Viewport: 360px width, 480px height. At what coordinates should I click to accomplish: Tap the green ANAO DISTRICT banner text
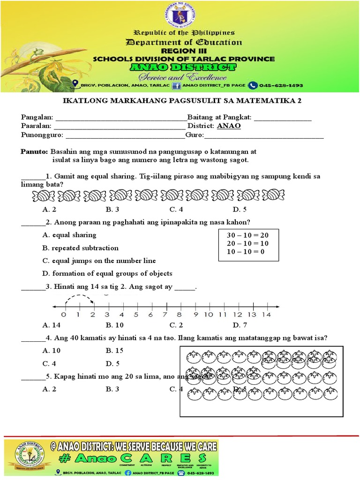tap(184, 68)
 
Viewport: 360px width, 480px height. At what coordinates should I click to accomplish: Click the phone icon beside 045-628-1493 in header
tap(253, 85)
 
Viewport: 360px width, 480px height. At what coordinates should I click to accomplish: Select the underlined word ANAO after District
tap(229, 126)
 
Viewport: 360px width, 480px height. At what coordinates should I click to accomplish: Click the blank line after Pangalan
tap(120, 118)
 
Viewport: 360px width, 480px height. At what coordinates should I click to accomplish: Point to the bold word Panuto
tap(34, 152)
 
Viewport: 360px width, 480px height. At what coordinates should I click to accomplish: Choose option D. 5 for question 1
tap(240, 209)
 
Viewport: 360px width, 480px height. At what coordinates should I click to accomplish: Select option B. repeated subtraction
tap(80, 248)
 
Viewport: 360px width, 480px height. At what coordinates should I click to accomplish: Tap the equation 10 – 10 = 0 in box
tap(246, 251)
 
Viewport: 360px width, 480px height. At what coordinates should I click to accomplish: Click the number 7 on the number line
tap(165, 315)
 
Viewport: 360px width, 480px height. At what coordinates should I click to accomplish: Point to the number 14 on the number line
tap(266, 315)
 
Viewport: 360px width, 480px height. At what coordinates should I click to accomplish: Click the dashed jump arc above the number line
tap(80, 297)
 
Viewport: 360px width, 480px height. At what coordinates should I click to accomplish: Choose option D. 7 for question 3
tap(240, 325)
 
